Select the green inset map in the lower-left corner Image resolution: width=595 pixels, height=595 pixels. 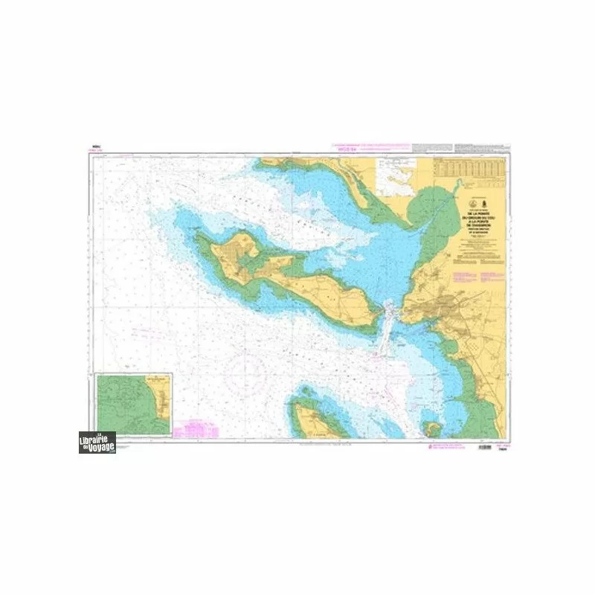pyautogui.click(x=134, y=405)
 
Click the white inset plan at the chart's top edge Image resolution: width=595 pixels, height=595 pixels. pyautogui.click(x=398, y=173)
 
